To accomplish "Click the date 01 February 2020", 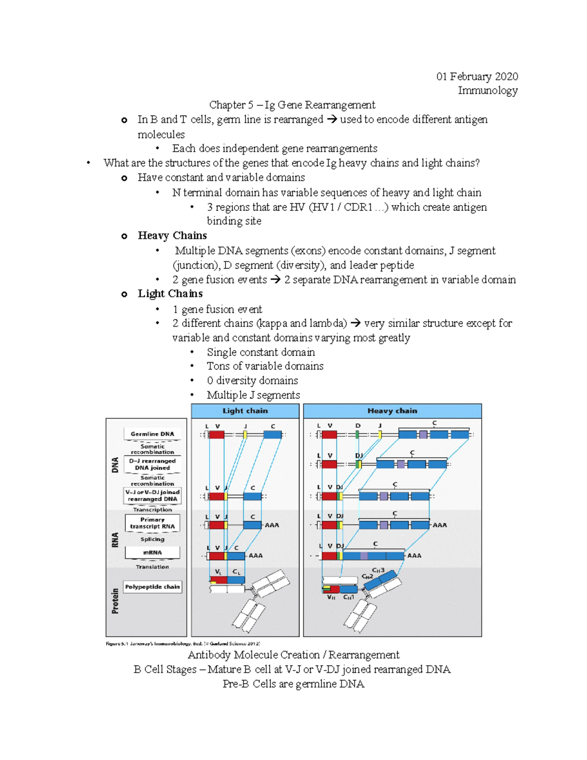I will point(477,76).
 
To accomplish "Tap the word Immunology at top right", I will point(488,91).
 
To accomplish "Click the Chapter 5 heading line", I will point(292,105).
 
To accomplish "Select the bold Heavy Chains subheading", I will point(172,236).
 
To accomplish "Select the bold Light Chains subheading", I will point(170,294).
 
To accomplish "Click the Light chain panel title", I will point(245,411).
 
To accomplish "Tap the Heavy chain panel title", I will point(392,411).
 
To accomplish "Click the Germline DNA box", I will point(152,434).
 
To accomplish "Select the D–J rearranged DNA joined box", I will point(152,464).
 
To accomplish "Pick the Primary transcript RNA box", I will point(152,523).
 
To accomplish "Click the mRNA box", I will point(152,553).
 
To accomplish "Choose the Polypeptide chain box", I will point(152,587).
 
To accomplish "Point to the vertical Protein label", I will point(115,601).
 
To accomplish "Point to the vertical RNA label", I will point(115,540).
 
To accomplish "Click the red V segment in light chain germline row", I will point(217,435).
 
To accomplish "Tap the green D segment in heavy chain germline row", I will point(358,435).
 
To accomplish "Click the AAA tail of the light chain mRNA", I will point(255,556).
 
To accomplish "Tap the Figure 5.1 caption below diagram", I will point(182,644).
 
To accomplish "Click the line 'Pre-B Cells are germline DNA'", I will point(293,684).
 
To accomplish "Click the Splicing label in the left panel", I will point(152,539).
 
